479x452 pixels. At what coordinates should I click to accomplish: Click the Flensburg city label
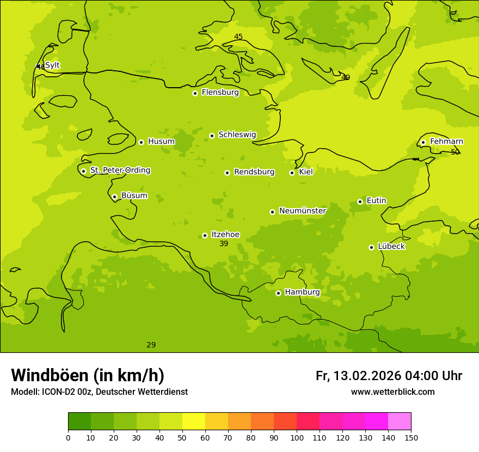coord(220,93)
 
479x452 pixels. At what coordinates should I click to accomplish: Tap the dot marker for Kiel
coord(292,173)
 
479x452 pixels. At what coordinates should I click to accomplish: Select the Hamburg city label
coord(302,292)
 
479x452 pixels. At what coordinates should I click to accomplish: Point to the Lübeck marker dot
coord(371,247)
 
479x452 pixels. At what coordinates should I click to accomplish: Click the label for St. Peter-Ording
coord(120,170)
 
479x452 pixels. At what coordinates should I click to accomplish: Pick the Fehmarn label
coord(446,142)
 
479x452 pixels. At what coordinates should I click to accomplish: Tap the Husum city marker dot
coord(141,142)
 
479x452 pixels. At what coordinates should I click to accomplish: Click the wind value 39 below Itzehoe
coord(224,244)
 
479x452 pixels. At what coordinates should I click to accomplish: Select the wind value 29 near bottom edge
coord(151,345)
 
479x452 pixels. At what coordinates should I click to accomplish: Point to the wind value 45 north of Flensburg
coord(238,37)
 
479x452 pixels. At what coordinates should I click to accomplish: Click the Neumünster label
coord(303,211)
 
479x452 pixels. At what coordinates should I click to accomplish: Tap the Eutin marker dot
coord(360,201)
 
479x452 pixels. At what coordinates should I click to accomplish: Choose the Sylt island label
coord(52,65)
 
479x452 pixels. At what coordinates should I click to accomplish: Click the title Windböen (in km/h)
coord(88,375)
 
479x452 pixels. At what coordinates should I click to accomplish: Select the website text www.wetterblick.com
coord(392,392)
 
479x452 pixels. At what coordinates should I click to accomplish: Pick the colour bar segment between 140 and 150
coord(400,422)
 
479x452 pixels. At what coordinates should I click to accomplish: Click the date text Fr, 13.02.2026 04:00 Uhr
coord(389,376)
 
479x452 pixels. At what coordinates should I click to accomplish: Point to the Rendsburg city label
coord(254,172)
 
